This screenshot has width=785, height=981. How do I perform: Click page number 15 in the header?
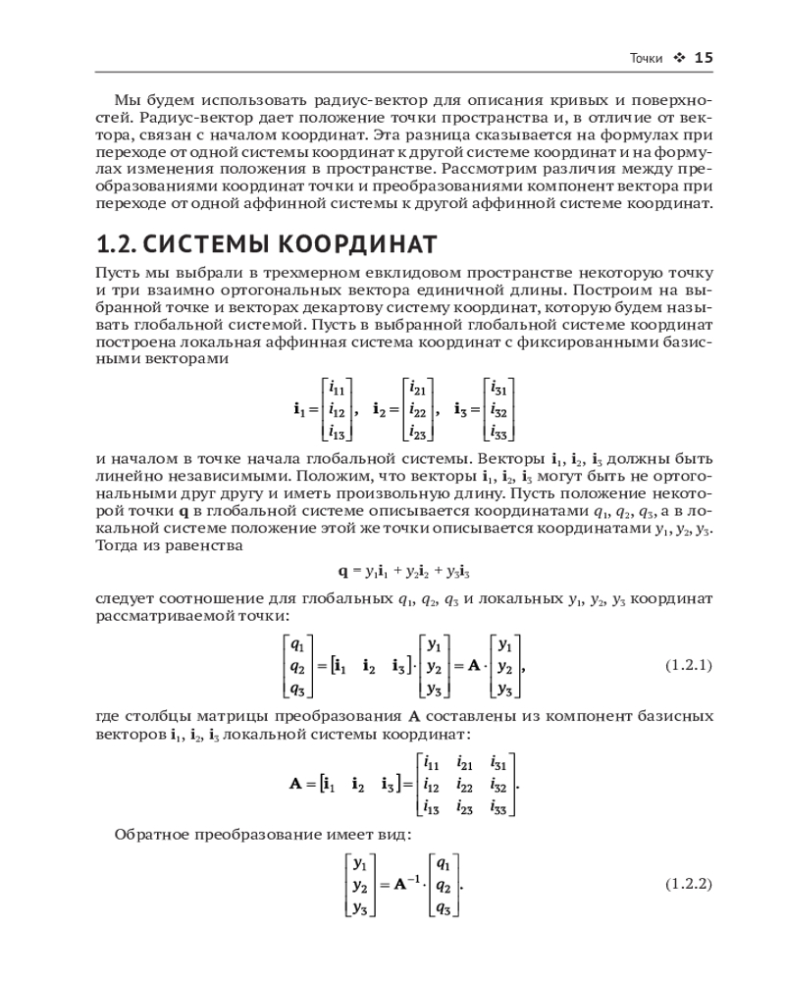point(703,58)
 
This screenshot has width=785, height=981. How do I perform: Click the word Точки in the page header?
point(646,59)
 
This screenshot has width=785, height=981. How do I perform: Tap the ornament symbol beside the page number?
point(678,58)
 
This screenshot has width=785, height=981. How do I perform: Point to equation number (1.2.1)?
point(688,665)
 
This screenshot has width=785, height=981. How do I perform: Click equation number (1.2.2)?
point(688,883)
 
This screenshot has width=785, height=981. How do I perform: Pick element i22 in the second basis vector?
point(417,408)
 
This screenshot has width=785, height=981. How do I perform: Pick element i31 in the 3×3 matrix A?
point(497,762)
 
